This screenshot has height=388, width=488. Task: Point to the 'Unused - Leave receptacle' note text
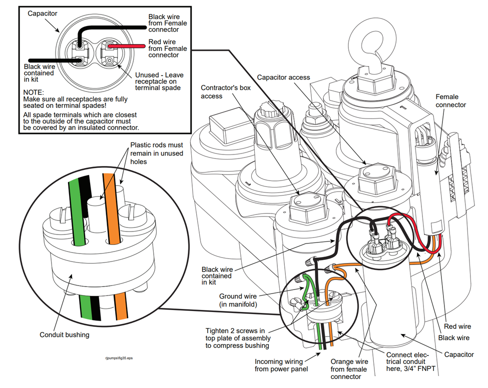point(159,81)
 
